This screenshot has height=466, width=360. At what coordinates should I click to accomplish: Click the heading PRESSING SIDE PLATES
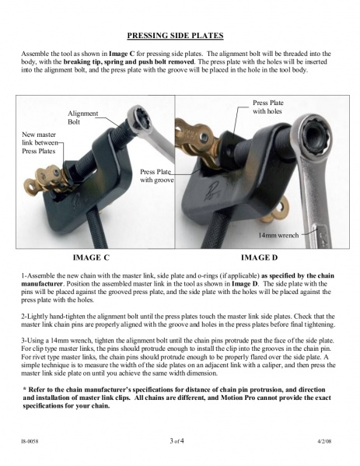[175, 36]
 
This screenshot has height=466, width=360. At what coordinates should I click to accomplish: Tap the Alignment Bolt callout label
[82, 117]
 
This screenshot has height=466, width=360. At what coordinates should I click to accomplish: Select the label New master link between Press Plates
[40, 142]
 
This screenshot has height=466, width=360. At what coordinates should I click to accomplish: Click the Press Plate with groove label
[157, 176]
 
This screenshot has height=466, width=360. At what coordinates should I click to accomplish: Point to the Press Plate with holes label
[268, 107]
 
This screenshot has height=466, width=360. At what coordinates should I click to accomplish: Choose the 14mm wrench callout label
[278, 235]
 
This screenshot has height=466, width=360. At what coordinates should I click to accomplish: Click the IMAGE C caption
[91, 258]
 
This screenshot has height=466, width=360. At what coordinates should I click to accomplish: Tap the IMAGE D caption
[259, 258]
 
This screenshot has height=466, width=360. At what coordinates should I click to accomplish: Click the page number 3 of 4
[177, 441]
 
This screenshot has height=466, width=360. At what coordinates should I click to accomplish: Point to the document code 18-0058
[30, 441]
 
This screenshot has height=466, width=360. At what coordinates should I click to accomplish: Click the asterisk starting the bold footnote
[25, 389]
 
